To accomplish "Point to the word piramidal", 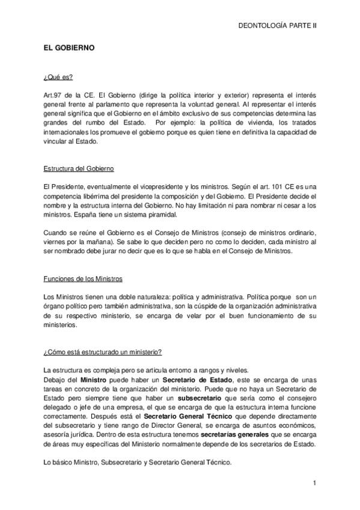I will click(x=160, y=214).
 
